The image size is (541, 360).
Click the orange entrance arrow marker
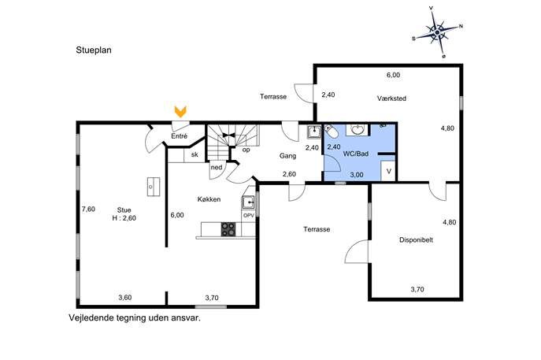[x=180, y=112]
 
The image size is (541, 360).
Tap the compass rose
[x=437, y=32]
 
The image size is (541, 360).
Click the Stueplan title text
[x=94, y=50]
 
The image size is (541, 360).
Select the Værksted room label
[x=391, y=98]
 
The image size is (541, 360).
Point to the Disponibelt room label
[x=416, y=240]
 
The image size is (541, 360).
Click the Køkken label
[x=209, y=199]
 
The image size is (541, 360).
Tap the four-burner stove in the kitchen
[x=228, y=229]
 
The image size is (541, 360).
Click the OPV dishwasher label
[x=248, y=215]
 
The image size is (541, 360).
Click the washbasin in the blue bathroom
[x=357, y=129]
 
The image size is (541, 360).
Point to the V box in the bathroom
[x=388, y=171]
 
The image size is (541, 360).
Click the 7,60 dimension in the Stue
[x=88, y=209]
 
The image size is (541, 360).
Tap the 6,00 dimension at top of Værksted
[x=393, y=75]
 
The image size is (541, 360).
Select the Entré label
[x=179, y=136]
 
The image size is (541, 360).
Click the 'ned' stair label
[x=217, y=168]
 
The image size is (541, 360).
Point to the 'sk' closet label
[x=195, y=154]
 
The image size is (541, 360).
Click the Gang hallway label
[x=287, y=156]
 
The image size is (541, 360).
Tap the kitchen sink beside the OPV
[x=248, y=202]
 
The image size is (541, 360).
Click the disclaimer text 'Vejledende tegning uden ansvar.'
[x=135, y=318]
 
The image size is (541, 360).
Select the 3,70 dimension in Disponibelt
[x=417, y=289]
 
